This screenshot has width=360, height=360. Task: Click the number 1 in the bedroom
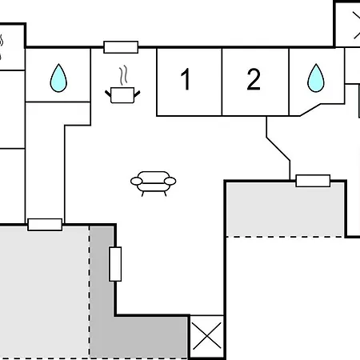[186, 79]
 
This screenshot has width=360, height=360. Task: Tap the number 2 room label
[254, 79]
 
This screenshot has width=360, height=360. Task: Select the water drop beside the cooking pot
[58, 78]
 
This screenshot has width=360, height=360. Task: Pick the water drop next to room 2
[316, 78]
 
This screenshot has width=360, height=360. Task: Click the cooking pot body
[122, 95]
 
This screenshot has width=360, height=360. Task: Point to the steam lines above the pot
[123, 76]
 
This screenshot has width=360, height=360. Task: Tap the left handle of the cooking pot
[108, 94]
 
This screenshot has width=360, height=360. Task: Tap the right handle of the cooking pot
[137, 94]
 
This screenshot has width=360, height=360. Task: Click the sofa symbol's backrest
[154, 177]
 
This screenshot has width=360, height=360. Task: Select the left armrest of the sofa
[137, 182]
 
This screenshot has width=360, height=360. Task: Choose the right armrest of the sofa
[170, 182]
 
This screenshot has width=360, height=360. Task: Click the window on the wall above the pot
[121, 47]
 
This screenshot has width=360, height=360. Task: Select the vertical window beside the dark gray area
[115, 264]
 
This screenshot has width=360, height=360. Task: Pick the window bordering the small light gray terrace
[313, 181]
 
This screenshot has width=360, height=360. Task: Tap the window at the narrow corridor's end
[45, 225]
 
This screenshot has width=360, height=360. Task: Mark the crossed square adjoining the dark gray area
[206, 336]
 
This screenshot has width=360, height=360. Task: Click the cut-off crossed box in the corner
[347, 25]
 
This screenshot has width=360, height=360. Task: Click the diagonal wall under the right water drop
[310, 110]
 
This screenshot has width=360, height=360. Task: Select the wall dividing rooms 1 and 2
[222, 82]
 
